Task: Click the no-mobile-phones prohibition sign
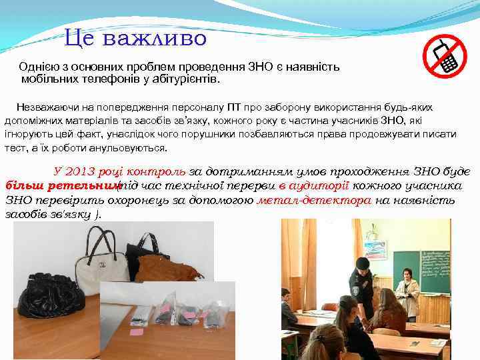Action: coord(445,56)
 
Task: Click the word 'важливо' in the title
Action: coord(163,38)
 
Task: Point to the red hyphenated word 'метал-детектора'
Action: coord(313,200)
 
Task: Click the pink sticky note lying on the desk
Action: coord(136,331)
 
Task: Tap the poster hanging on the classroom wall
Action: coord(375,248)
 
